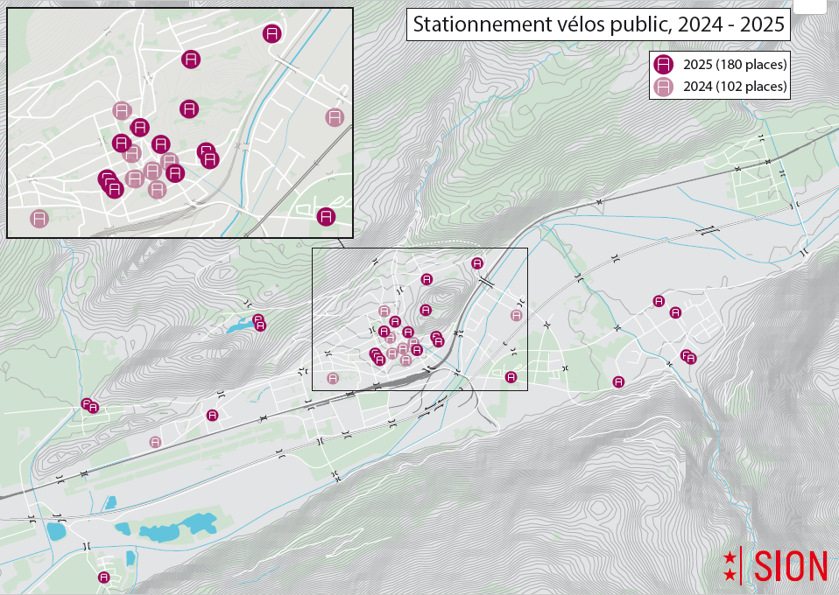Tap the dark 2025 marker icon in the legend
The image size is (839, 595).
click(664, 64)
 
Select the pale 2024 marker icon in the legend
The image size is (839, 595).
click(664, 87)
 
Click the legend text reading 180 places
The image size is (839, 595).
click(751, 64)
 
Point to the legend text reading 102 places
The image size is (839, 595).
click(751, 87)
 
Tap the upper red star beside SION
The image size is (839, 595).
click(730, 556)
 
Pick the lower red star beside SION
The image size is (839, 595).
click(730, 575)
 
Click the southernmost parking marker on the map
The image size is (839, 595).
click(104, 577)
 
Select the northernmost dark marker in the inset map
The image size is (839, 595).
click(272, 34)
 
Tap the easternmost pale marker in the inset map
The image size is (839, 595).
click(335, 117)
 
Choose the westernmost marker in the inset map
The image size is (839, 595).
click(39, 219)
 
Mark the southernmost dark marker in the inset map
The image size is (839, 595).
click(326, 216)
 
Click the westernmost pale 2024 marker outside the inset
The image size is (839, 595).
click(155, 442)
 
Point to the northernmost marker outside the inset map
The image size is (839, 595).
click(477, 262)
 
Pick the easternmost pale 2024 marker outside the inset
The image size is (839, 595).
click(517, 315)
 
